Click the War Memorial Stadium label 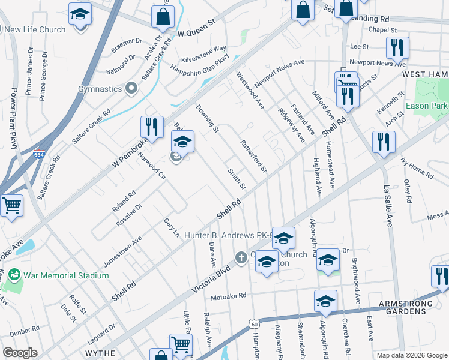(x=66, y=275)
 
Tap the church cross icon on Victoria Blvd (x=241, y=258)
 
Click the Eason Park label (x=427, y=106)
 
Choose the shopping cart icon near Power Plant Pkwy (x=11, y=206)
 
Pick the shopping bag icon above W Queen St (x=163, y=17)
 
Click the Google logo (x=20, y=353)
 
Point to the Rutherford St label (x=253, y=157)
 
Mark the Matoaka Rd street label (x=229, y=296)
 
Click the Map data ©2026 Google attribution (x=411, y=355)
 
